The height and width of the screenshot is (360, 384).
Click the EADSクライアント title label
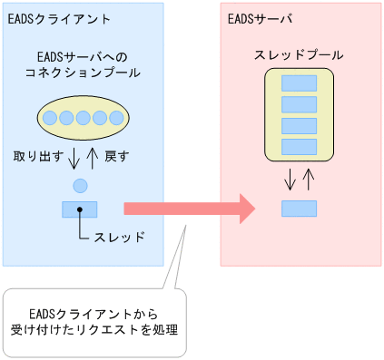click(46, 17)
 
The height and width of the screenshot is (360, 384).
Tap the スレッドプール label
click(299, 55)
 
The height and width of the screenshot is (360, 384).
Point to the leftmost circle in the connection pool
click(51, 116)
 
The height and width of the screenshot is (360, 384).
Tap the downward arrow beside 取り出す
click(74, 159)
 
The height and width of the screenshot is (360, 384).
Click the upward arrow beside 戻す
click(91, 159)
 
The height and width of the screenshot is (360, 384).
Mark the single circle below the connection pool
click(79, 186)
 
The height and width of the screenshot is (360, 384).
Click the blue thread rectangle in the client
click(79, 209)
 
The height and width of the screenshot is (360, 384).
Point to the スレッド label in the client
click(119, 238)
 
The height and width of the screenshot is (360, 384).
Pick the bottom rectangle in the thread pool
click(299, 146)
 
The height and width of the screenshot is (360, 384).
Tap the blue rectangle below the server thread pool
click(299, 209)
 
